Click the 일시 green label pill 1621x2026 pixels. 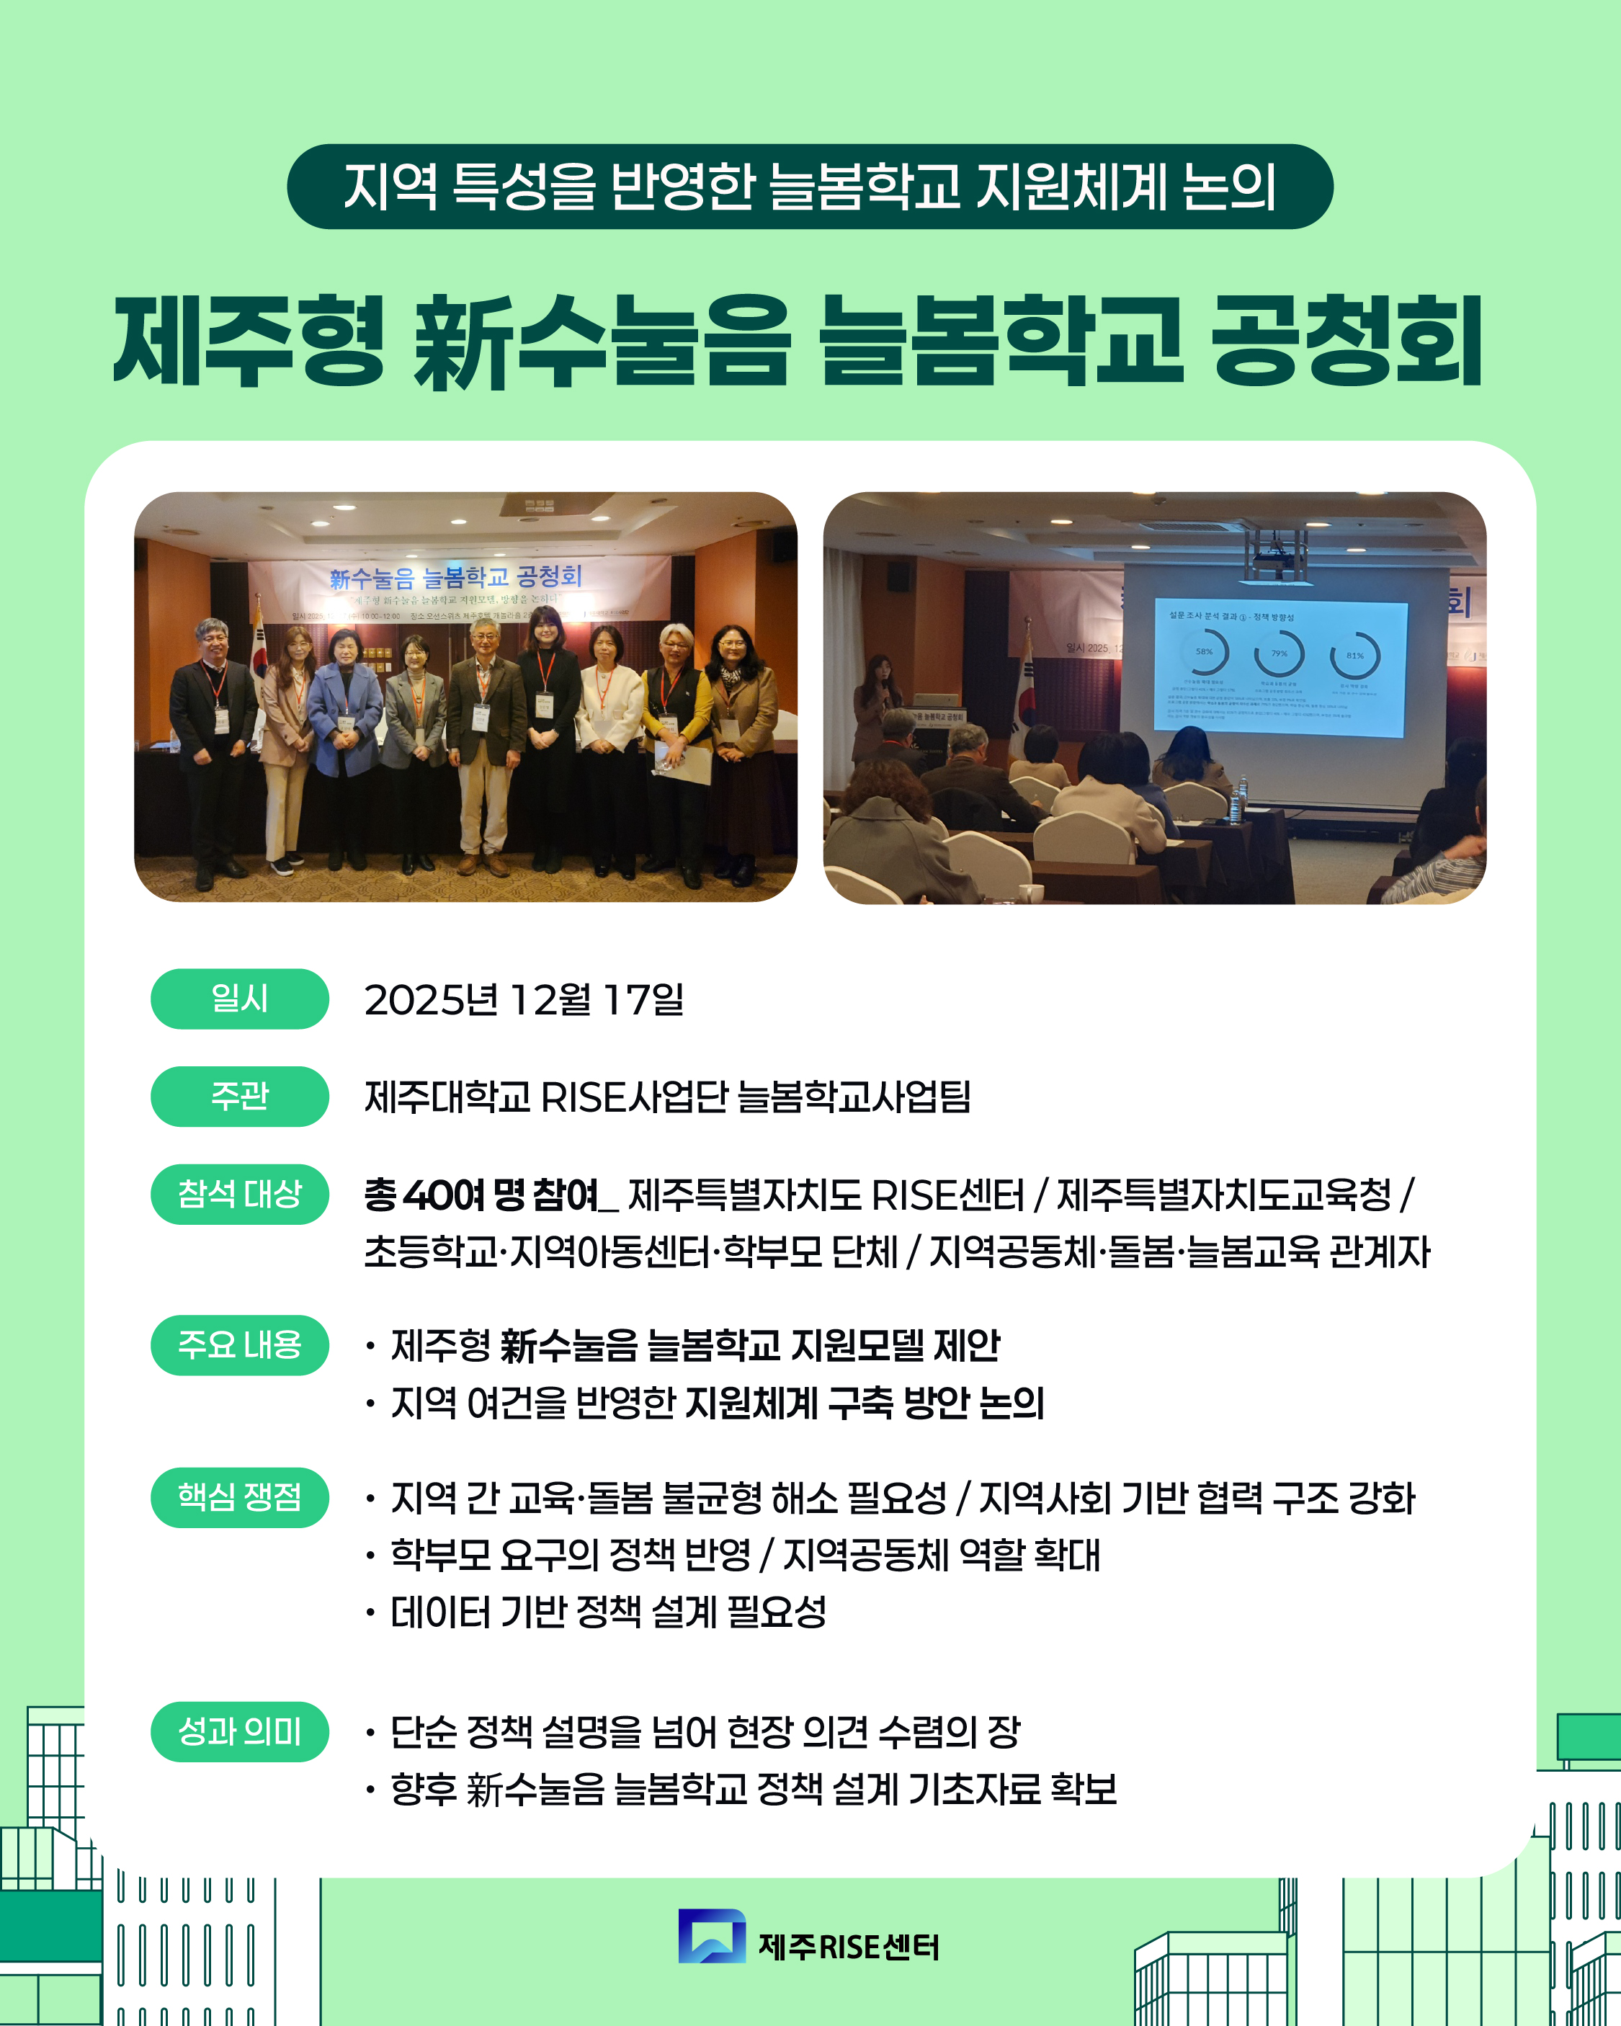(240, 999)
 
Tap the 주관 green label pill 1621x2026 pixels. (240, 1097)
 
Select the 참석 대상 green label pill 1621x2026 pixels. (240, 1195)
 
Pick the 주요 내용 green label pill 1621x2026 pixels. (240, 1344)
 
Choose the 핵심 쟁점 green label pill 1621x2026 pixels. (240, 1497)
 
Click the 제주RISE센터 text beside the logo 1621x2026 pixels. (848, 1947)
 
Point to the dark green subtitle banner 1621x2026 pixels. (809, 186)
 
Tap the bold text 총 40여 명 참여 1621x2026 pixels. (481, 1195)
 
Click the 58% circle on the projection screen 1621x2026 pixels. (1205, 652)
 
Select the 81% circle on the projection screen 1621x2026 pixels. (1354, 655)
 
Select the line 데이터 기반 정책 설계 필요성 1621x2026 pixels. (608, 1612)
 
